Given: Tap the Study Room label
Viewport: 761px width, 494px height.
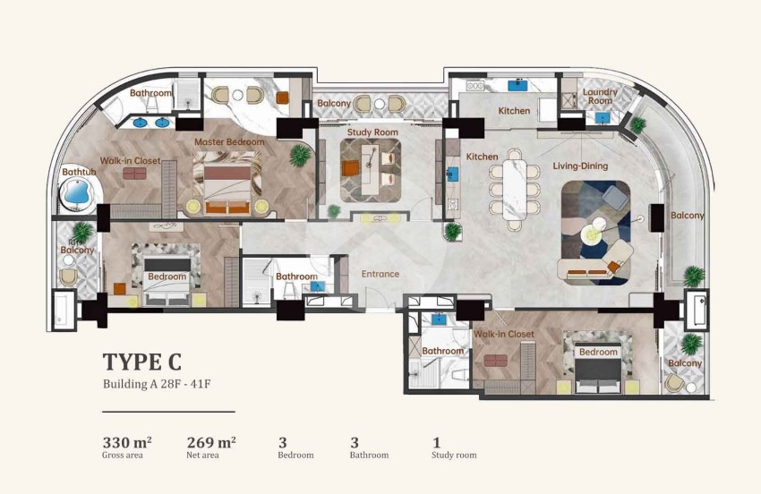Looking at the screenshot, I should pos(372,132).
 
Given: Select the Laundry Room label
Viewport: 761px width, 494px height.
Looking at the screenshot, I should pos(600,97).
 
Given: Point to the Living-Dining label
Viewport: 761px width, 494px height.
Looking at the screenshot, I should pos(580,166).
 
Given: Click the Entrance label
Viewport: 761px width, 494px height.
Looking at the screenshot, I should pos(380,274).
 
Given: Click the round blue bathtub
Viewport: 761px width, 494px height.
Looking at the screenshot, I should pos(77,193).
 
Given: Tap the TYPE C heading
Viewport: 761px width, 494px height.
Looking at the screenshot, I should pos(142,362).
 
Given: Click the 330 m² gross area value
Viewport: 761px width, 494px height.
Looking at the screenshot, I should pos(126,441).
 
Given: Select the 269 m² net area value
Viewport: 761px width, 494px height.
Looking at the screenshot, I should pos(211,441).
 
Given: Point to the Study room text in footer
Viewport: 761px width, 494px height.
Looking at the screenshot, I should pos(454,456).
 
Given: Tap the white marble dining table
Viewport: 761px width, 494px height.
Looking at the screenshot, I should pos(514,184).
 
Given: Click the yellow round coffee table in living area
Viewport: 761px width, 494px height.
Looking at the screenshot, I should pos(593,234).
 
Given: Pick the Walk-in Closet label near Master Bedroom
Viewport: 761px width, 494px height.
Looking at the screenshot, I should pos(130,161).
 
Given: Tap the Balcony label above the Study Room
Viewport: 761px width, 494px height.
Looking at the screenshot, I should pos(334,104).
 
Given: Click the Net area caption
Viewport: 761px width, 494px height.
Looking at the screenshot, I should pos(203,456).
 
